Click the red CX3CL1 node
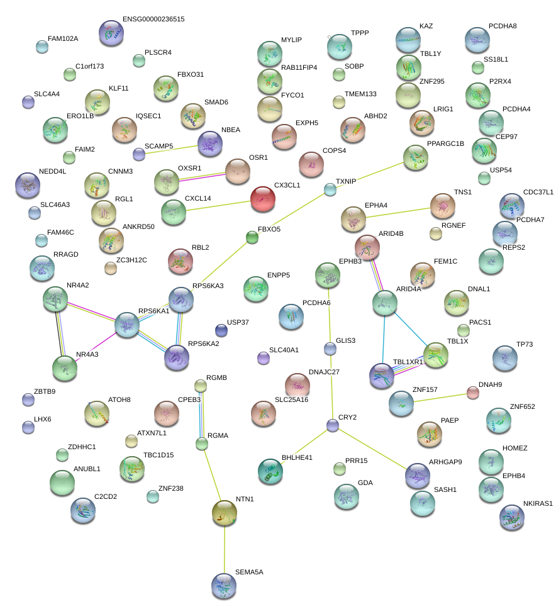[x=263, y=199]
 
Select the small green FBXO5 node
[x=252, y=237]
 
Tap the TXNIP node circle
[x=330, y=189]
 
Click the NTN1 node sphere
[x=225, y=513]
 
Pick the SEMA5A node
[x=224, y=585]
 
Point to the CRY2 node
[x=333, y=426]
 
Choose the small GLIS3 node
[x=330, y=348]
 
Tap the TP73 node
[x=505, y=357]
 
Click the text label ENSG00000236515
[x=153, y=20]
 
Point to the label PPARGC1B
[x=445, y=144]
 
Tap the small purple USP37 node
[x=221, y=330]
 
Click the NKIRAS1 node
[x=511, y=517]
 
